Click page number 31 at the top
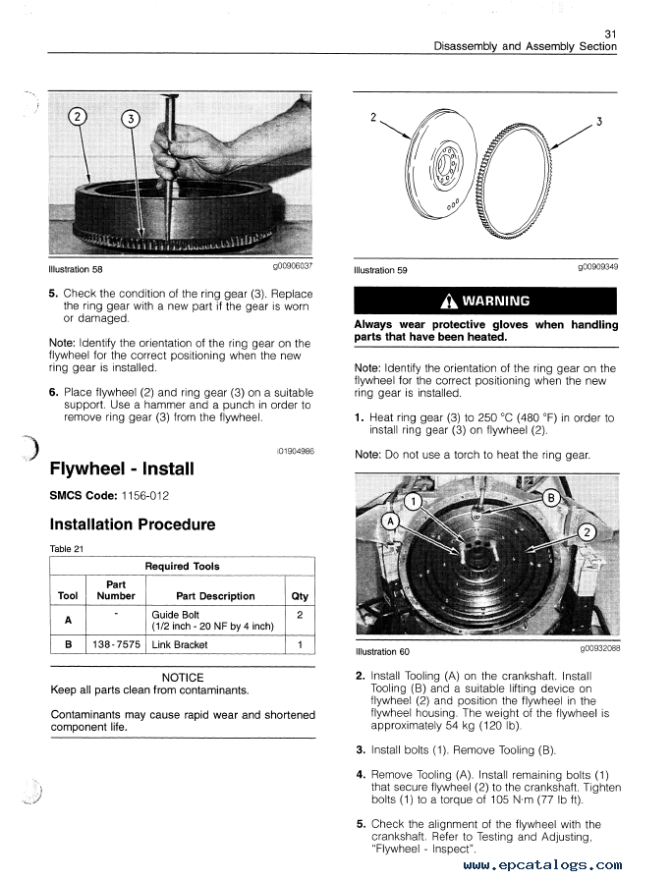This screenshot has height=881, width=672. pyautogui.click(x=610, y=33)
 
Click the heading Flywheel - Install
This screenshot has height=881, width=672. pyautogui.click(x=122, y=468)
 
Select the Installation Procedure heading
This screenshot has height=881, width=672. pyautogui.click(x=133, y=524)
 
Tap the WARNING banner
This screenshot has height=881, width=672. pyautogui.click(x=485, y=302)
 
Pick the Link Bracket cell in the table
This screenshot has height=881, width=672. pyautogui.click(x=180, y=645)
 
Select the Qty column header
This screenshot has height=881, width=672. pyautogui.click(x=300, y=596)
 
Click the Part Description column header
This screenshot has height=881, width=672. pyautogui.click(x=214, y=596)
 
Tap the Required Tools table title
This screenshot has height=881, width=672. pyautogui.click(x=182, y=567)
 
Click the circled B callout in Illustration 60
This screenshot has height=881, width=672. pyautogui.click(x=551, y=497)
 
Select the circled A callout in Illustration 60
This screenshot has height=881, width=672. pyautogui.click(x=392, y=521)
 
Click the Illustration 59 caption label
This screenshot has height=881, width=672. pyautogui.click(x=380, y=271)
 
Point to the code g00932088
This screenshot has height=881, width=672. pyautogui.click(x=598, y=648)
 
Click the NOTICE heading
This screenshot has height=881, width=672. pyautogui.click(x=183, y=678)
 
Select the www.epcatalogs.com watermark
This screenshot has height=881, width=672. pyautogui.click(x=541, y=865)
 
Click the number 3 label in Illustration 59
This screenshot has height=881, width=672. pyautogui.click(x=599, y=123)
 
